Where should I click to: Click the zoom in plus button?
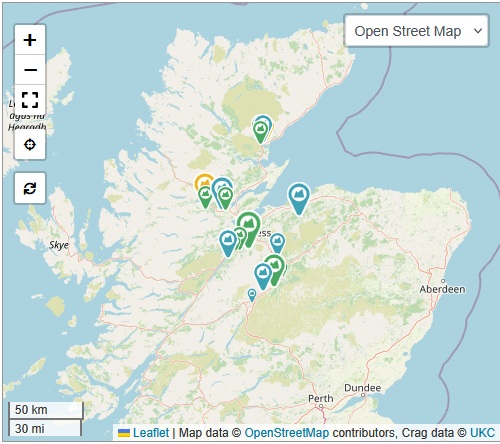(30, 41)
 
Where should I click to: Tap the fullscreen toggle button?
(30, 100)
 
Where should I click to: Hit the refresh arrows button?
(30, 188)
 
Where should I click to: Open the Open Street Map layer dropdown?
(419, 31)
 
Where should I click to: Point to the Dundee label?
(361, 386)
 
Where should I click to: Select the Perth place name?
(321, 398)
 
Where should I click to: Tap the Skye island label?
(59, 244)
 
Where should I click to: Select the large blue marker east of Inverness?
(298, 195)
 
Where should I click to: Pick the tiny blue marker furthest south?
(252, 294)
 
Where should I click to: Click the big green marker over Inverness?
(248, 224)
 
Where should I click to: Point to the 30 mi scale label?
(29, 428)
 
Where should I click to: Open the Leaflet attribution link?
(151, 433)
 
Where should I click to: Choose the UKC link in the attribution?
(482, 433)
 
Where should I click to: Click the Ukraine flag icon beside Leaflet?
(124, 433)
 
